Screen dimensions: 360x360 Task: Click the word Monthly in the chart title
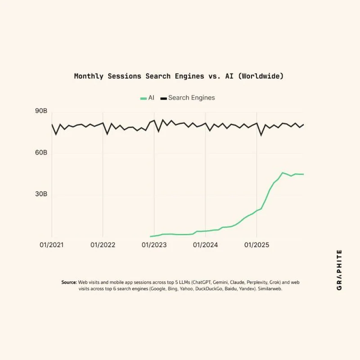point(89,76)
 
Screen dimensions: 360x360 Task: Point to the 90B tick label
point(41,111)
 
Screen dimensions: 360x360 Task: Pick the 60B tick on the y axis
point(41,153)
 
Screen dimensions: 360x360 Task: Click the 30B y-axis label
point(41,194)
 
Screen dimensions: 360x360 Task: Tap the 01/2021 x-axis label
point(52,245)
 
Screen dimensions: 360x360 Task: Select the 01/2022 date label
point(103,245)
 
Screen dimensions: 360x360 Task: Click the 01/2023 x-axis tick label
point(154,245)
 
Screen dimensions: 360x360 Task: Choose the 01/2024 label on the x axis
point(206,245)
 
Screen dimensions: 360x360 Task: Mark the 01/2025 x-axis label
point(256,245)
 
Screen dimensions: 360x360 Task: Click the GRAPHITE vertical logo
point(339,270)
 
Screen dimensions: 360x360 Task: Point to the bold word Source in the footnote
point(69,282)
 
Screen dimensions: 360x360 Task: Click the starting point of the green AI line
point(151,236)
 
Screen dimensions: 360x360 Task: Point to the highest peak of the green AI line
point(283,172)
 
